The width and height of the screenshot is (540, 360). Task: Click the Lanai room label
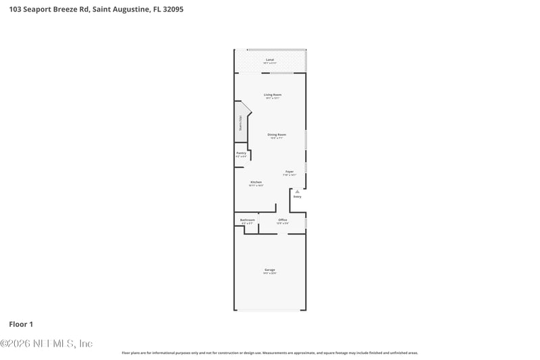(270, 60)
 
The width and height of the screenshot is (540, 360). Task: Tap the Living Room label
(273, 95)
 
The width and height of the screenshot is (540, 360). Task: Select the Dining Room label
(277, 134)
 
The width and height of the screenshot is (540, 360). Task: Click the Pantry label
(241, 153)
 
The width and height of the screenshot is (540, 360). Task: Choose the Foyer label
(290, 172)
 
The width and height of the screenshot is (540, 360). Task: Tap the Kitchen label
(256, 182)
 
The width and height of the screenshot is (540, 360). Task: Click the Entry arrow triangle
(297, 191)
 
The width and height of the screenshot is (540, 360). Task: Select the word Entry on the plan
(297, 197)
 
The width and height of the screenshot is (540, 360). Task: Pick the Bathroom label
(248, 220)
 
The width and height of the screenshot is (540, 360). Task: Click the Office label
(283, 220)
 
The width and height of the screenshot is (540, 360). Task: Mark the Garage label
(269, 269)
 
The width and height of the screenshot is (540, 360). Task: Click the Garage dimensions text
(269, 273)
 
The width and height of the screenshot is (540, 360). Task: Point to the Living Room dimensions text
(273, 98)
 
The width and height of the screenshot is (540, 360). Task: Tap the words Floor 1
(20, 324)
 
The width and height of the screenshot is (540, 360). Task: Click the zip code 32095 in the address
(169, 10)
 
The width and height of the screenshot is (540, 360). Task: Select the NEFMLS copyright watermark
(47, 343)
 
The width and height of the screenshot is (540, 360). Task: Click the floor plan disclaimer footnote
(269, 353)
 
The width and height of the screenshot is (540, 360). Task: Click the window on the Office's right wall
(306, 222)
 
